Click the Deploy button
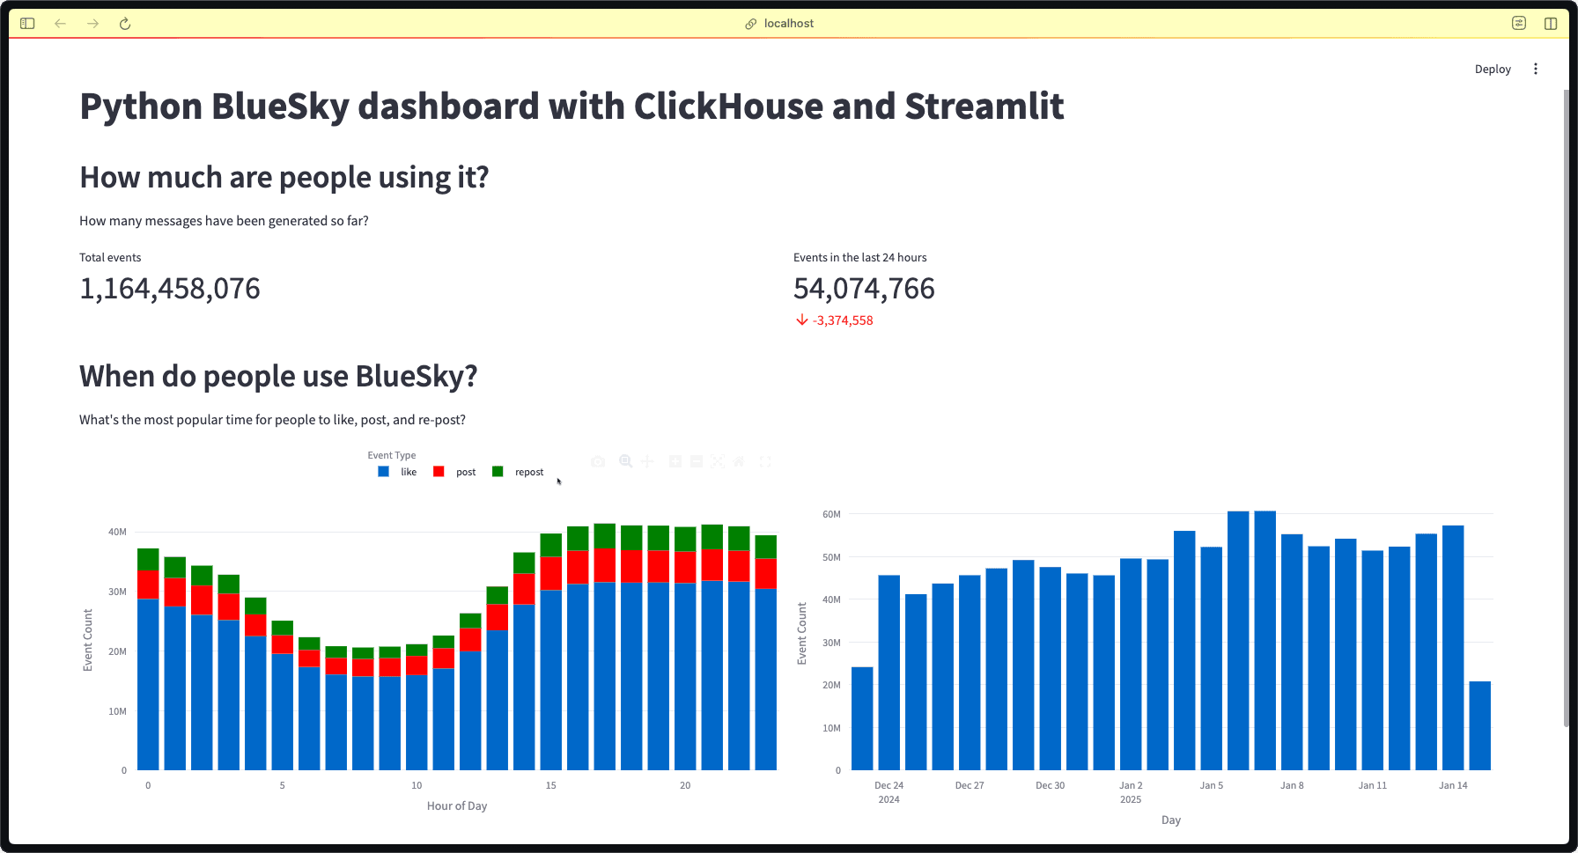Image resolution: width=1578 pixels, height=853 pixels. (x=1492, y=69)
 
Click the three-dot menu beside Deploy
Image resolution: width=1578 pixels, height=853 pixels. (x=1535, y=69)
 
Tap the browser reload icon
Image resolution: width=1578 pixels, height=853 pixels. (x=125, y=24)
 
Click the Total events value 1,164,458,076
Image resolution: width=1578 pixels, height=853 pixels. (x=170, y=289)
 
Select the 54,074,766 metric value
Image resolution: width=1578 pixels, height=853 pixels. (x=864, y=289)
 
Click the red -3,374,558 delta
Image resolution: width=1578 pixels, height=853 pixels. (x=842, y=320)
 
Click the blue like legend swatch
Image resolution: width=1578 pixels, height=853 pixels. (x=383, y=472)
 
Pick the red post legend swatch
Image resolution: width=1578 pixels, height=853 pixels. (x=439, y=472)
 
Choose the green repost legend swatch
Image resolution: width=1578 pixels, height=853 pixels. (x=498, y=472)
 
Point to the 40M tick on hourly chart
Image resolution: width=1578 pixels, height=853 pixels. (x=117, y=532)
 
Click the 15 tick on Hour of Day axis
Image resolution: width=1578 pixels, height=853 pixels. (x=550, y=785)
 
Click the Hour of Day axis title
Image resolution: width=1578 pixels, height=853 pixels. (x=456, y=805)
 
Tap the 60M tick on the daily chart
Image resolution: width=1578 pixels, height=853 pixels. (x=831, y=514)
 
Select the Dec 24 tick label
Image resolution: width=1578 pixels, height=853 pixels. (x=889, y=785)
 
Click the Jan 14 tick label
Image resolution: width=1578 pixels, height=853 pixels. (x=1453, y=785)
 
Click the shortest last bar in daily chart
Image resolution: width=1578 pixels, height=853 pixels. (x=1479, y=726)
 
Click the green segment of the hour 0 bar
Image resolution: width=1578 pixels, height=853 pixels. (x=148, y=559)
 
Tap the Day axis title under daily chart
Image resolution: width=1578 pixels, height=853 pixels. (x=1170, y=820)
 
